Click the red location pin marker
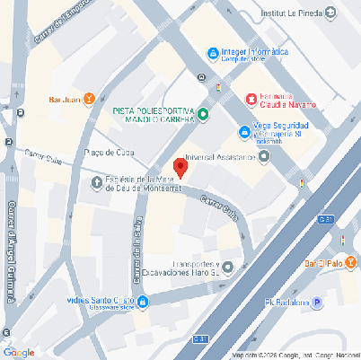(180, 167)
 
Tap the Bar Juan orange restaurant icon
(89, 99)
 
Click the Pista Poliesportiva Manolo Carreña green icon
(203, 114)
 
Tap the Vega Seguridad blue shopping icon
(244, 131)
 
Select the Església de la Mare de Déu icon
(98, 185)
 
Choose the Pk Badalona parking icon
(316, 278)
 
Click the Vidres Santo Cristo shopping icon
(143, 276)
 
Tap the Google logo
(19, 352)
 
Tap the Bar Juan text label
(65, 99)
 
